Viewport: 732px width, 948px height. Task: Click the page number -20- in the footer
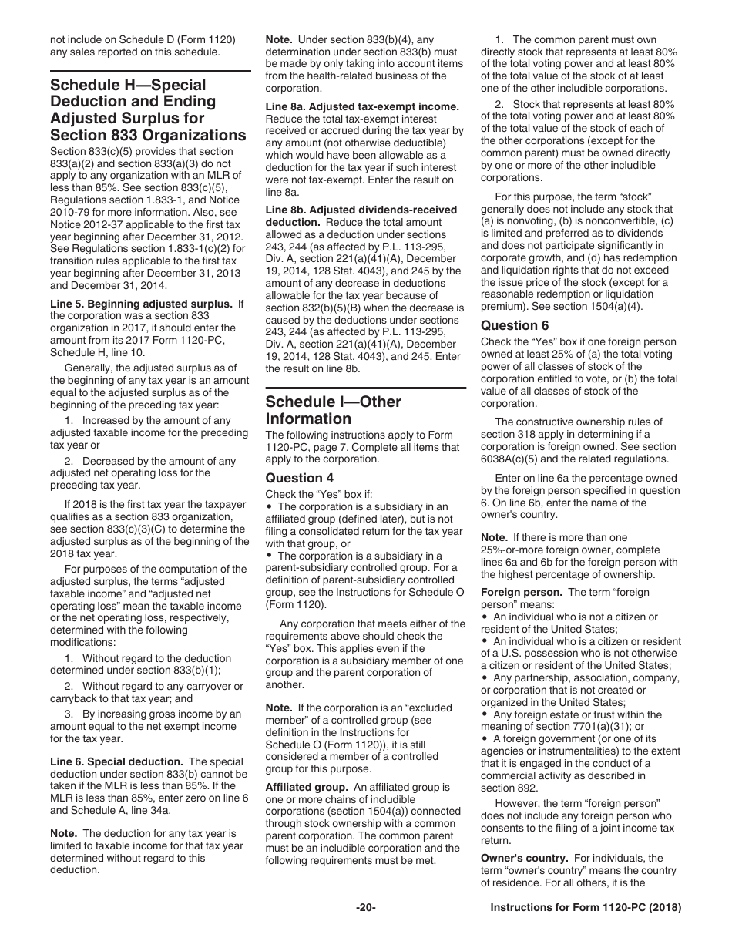(365, 908)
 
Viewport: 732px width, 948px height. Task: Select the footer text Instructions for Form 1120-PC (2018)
(586, 908)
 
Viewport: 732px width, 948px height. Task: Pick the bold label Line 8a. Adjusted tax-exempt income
(362, 106)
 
